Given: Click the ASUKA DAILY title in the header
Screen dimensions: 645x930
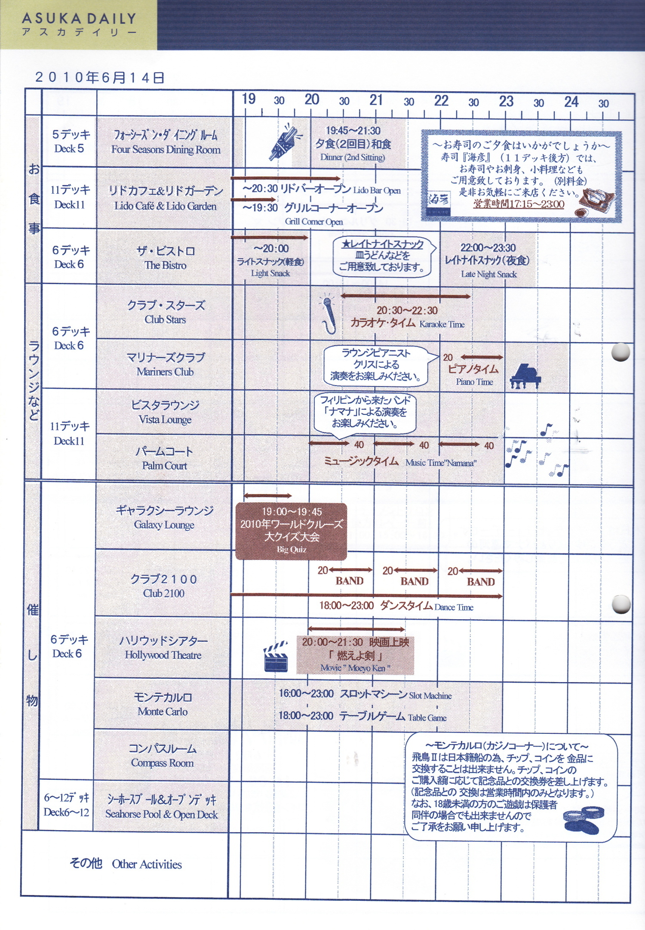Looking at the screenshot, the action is click(79, 19).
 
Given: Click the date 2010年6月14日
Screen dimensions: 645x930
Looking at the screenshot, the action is click(100, 77).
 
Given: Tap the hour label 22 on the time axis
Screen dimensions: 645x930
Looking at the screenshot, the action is click(441, 101).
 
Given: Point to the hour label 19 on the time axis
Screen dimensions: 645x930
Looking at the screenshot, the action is click(249, 99).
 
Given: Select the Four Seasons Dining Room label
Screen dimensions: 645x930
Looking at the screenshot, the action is click(166, 149).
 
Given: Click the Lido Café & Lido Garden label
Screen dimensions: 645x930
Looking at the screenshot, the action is click(165, 206).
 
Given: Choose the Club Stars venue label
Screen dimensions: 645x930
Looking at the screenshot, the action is click(165, 319).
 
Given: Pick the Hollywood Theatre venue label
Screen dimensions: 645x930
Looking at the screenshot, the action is click(163, 655).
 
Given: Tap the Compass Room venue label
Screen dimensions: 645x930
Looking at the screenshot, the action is click(162, 763).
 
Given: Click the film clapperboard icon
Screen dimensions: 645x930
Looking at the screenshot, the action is click(276, 656).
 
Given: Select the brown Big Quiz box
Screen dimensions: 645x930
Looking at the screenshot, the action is click(291, 531).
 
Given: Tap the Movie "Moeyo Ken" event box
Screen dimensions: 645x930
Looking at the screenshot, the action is click(355, 655).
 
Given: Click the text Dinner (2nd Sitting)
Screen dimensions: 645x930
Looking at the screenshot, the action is click(352, 157).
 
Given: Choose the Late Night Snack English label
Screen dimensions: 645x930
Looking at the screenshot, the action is click(488, 274).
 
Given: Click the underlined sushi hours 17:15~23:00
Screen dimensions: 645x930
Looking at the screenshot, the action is click(519, 204).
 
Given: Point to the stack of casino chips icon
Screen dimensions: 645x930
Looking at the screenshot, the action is click(584, 820).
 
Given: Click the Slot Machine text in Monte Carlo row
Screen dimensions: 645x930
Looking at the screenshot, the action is click(430, 695).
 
